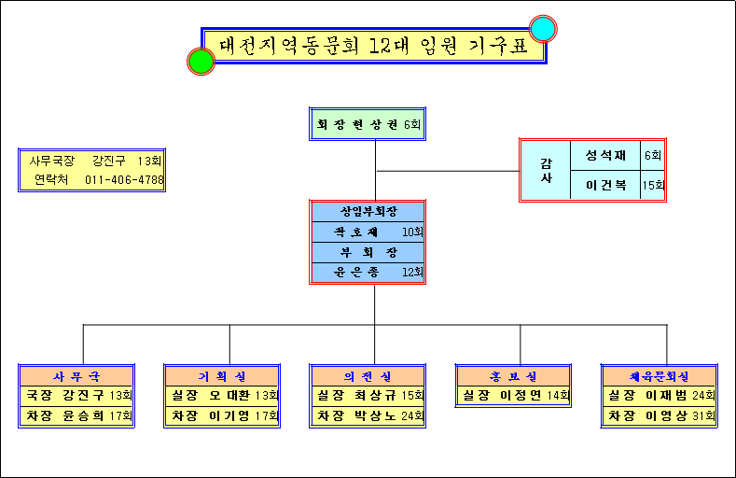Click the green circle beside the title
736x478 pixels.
click(x=201, y=61)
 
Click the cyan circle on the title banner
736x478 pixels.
click(x=543, y=29)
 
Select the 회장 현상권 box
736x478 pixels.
click(x=368, y=124)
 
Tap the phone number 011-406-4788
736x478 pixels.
click(x=124, y=179)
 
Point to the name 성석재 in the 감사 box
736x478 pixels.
click(x=605, y=155)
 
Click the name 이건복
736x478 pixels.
click(x=605, y=186)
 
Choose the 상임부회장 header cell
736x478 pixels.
click(x=368, y=211)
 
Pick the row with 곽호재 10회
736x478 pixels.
click(x=368, y=232)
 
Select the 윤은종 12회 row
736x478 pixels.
click(x=368, y=273)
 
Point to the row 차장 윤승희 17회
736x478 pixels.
click(x=76, y=415)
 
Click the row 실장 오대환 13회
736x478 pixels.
click(x=222, y=396)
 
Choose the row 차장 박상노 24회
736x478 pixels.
click(x=368, y=415)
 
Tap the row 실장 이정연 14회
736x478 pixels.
click(x=513, y=396)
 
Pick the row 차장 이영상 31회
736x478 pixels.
click(x=659, y=415)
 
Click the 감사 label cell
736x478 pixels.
click(x=546, y=170)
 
